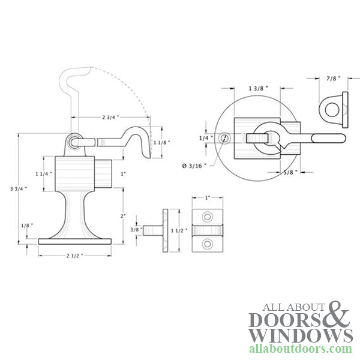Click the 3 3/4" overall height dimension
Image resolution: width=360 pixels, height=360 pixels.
tap(19, 189)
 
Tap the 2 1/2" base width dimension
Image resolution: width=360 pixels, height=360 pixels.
tap(75, 256)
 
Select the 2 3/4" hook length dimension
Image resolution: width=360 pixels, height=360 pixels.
tap(110, 118)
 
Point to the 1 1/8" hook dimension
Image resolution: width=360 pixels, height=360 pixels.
tap(162, 143)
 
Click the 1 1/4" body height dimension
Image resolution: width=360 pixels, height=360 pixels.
tap(44, 174)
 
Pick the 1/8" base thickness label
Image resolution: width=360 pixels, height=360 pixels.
tap(27, 226)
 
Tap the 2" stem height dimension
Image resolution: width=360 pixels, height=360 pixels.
tap(123, 216)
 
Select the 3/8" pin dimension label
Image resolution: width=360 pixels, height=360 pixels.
tap(136, 229)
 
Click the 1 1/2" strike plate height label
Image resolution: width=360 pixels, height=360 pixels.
tap(179, 230)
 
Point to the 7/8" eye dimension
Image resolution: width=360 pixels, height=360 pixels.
tap(334, 79)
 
